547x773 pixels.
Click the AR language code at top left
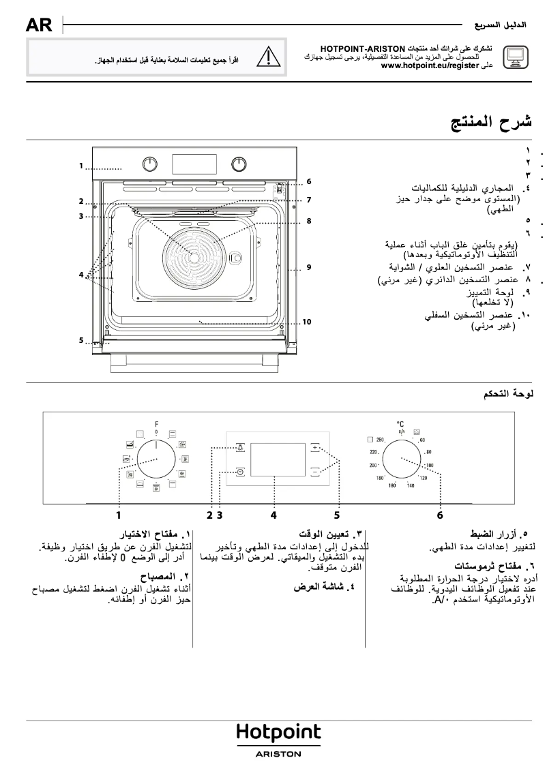(38, 26)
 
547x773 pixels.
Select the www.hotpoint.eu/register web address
(430, 66)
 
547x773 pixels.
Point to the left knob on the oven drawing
(149, 164)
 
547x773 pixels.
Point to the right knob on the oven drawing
(239, 164)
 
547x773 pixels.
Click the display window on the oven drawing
(194, 164)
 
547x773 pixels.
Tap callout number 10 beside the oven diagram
(306, 321)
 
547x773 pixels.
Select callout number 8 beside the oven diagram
(308, 221)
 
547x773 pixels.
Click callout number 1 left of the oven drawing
(80, 166)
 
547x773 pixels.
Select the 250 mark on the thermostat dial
(381, 440)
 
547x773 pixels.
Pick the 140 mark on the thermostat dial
(410, 485)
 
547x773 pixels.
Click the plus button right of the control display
(316, 448)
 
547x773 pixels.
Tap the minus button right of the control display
(316, 470)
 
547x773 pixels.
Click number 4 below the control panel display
(273, 515)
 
